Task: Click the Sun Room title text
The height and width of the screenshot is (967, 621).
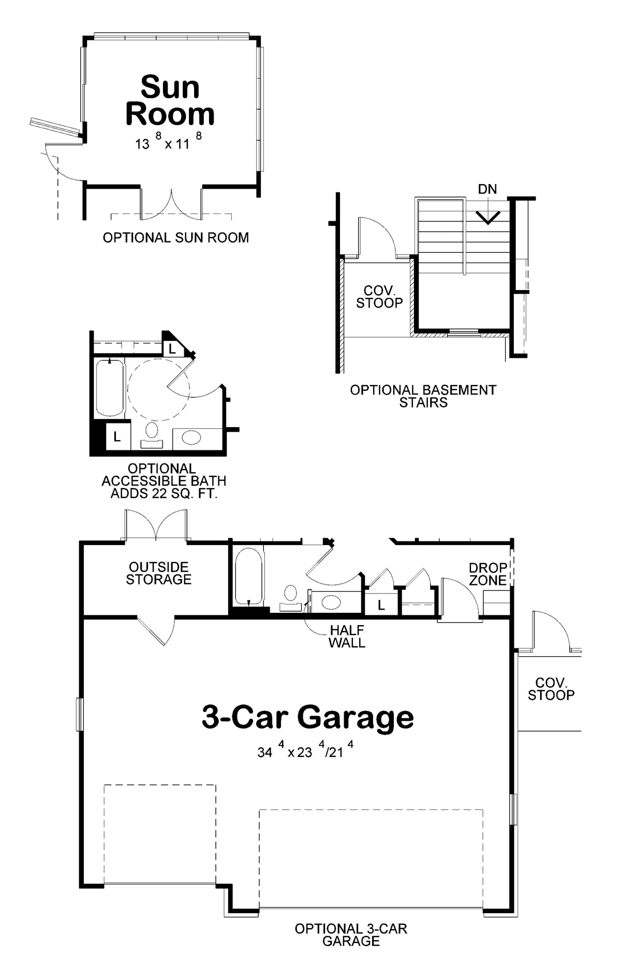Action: [x=170, y=100]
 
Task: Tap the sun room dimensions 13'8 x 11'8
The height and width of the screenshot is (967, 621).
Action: [x=168, y=141]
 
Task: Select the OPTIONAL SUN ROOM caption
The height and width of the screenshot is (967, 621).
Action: [x=176, y=237]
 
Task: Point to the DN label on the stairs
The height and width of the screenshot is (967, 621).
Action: [x=487, y=189]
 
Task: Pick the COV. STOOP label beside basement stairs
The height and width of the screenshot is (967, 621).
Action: [x=379, y=297]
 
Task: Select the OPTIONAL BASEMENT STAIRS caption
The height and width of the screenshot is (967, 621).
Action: [x=423, y=396]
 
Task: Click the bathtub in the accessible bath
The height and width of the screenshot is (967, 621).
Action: [x=110, y=387]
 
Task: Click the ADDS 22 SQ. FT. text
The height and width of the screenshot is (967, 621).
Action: [x=164, y=493]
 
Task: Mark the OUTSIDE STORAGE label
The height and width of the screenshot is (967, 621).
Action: [x=159, y=573]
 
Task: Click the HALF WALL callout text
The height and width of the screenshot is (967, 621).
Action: [x=347, y=637]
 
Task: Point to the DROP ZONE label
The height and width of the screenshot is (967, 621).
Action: [x=487, y=574]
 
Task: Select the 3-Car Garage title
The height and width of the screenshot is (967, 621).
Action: [x=308, y=717]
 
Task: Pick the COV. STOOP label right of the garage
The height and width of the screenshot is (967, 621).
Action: [x=551, y=689]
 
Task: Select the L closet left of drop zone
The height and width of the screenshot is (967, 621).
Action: [x=381, y=605]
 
